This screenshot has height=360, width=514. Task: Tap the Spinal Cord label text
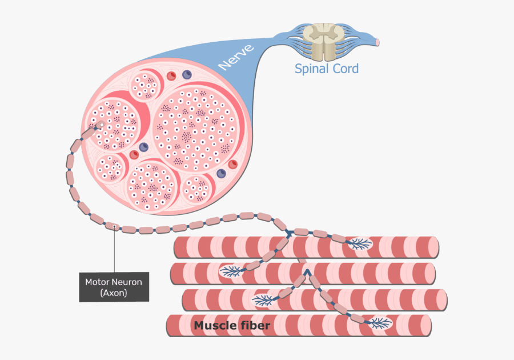coord(326,69)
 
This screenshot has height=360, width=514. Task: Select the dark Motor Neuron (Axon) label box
coord(114,287)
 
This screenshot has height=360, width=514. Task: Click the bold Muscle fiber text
coord(232,326)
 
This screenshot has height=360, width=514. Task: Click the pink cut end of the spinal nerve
coord(377,42)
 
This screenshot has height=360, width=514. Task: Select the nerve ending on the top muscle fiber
coord(359,245)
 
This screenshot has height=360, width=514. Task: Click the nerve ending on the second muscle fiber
coord(232,270)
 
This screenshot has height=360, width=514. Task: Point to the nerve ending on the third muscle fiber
coord(264,299)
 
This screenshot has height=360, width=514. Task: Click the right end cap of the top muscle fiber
coord(436,246)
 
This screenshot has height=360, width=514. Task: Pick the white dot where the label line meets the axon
coord(115,227)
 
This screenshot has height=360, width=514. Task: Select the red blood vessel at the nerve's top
coord(171,75)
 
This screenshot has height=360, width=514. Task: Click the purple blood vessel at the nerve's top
coord(186,74)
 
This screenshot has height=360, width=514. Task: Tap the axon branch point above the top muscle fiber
coord(290,233)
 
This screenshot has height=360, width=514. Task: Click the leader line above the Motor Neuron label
coord(115,251)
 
